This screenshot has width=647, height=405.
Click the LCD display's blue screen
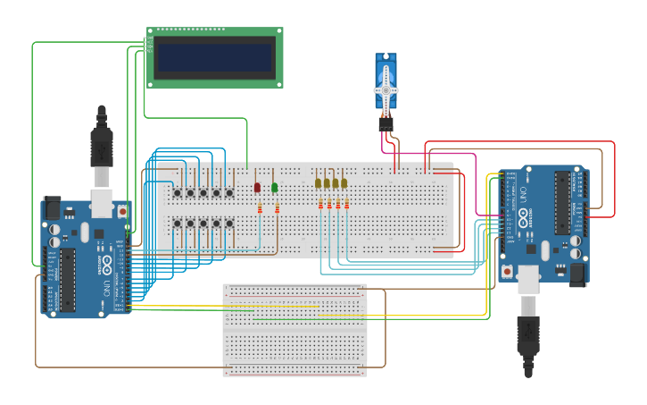click(214, 58)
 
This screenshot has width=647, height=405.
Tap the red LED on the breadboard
click(257, 188)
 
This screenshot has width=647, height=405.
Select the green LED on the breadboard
click(274, 188)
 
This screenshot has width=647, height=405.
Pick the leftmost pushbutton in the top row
click(178, 192)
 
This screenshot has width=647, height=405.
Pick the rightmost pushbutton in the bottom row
click(229, 223)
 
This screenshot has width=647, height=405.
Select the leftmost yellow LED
click(318, 183)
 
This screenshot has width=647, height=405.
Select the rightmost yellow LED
click(344, 183)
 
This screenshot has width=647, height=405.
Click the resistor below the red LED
click(260, 208)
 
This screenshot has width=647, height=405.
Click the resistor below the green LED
click(277, 208)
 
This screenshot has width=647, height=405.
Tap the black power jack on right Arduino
click(579, 272)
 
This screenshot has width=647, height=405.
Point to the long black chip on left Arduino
click(69, 280)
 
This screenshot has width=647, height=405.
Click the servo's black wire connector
click(386, 124)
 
